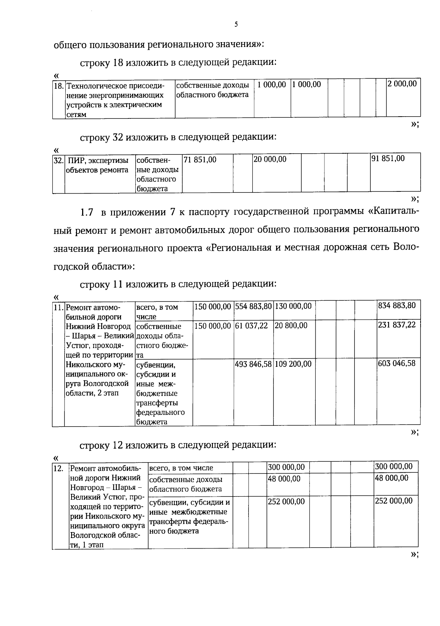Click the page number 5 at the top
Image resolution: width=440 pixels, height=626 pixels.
click(x=236, y=25)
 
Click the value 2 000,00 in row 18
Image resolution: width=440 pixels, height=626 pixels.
click(x=403, y=84)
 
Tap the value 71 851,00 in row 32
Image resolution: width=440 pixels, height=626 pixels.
click(x=200, y=160)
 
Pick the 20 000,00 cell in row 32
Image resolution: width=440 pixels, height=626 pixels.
click(x=270, y=160)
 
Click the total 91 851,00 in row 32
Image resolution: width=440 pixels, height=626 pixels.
click(x=388, y=158)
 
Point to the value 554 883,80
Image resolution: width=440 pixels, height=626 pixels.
click(x=253, y=306)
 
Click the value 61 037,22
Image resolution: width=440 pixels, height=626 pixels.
click(x=252, y=326)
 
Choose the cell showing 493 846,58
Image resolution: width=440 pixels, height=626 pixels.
click(x=253, y=364)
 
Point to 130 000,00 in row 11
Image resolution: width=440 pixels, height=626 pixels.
click(x=293, y=306)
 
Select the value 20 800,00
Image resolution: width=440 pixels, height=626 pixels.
click(x=291, y=326)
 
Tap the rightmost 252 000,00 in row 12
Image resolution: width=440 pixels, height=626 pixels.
click(x=394, y=501)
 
